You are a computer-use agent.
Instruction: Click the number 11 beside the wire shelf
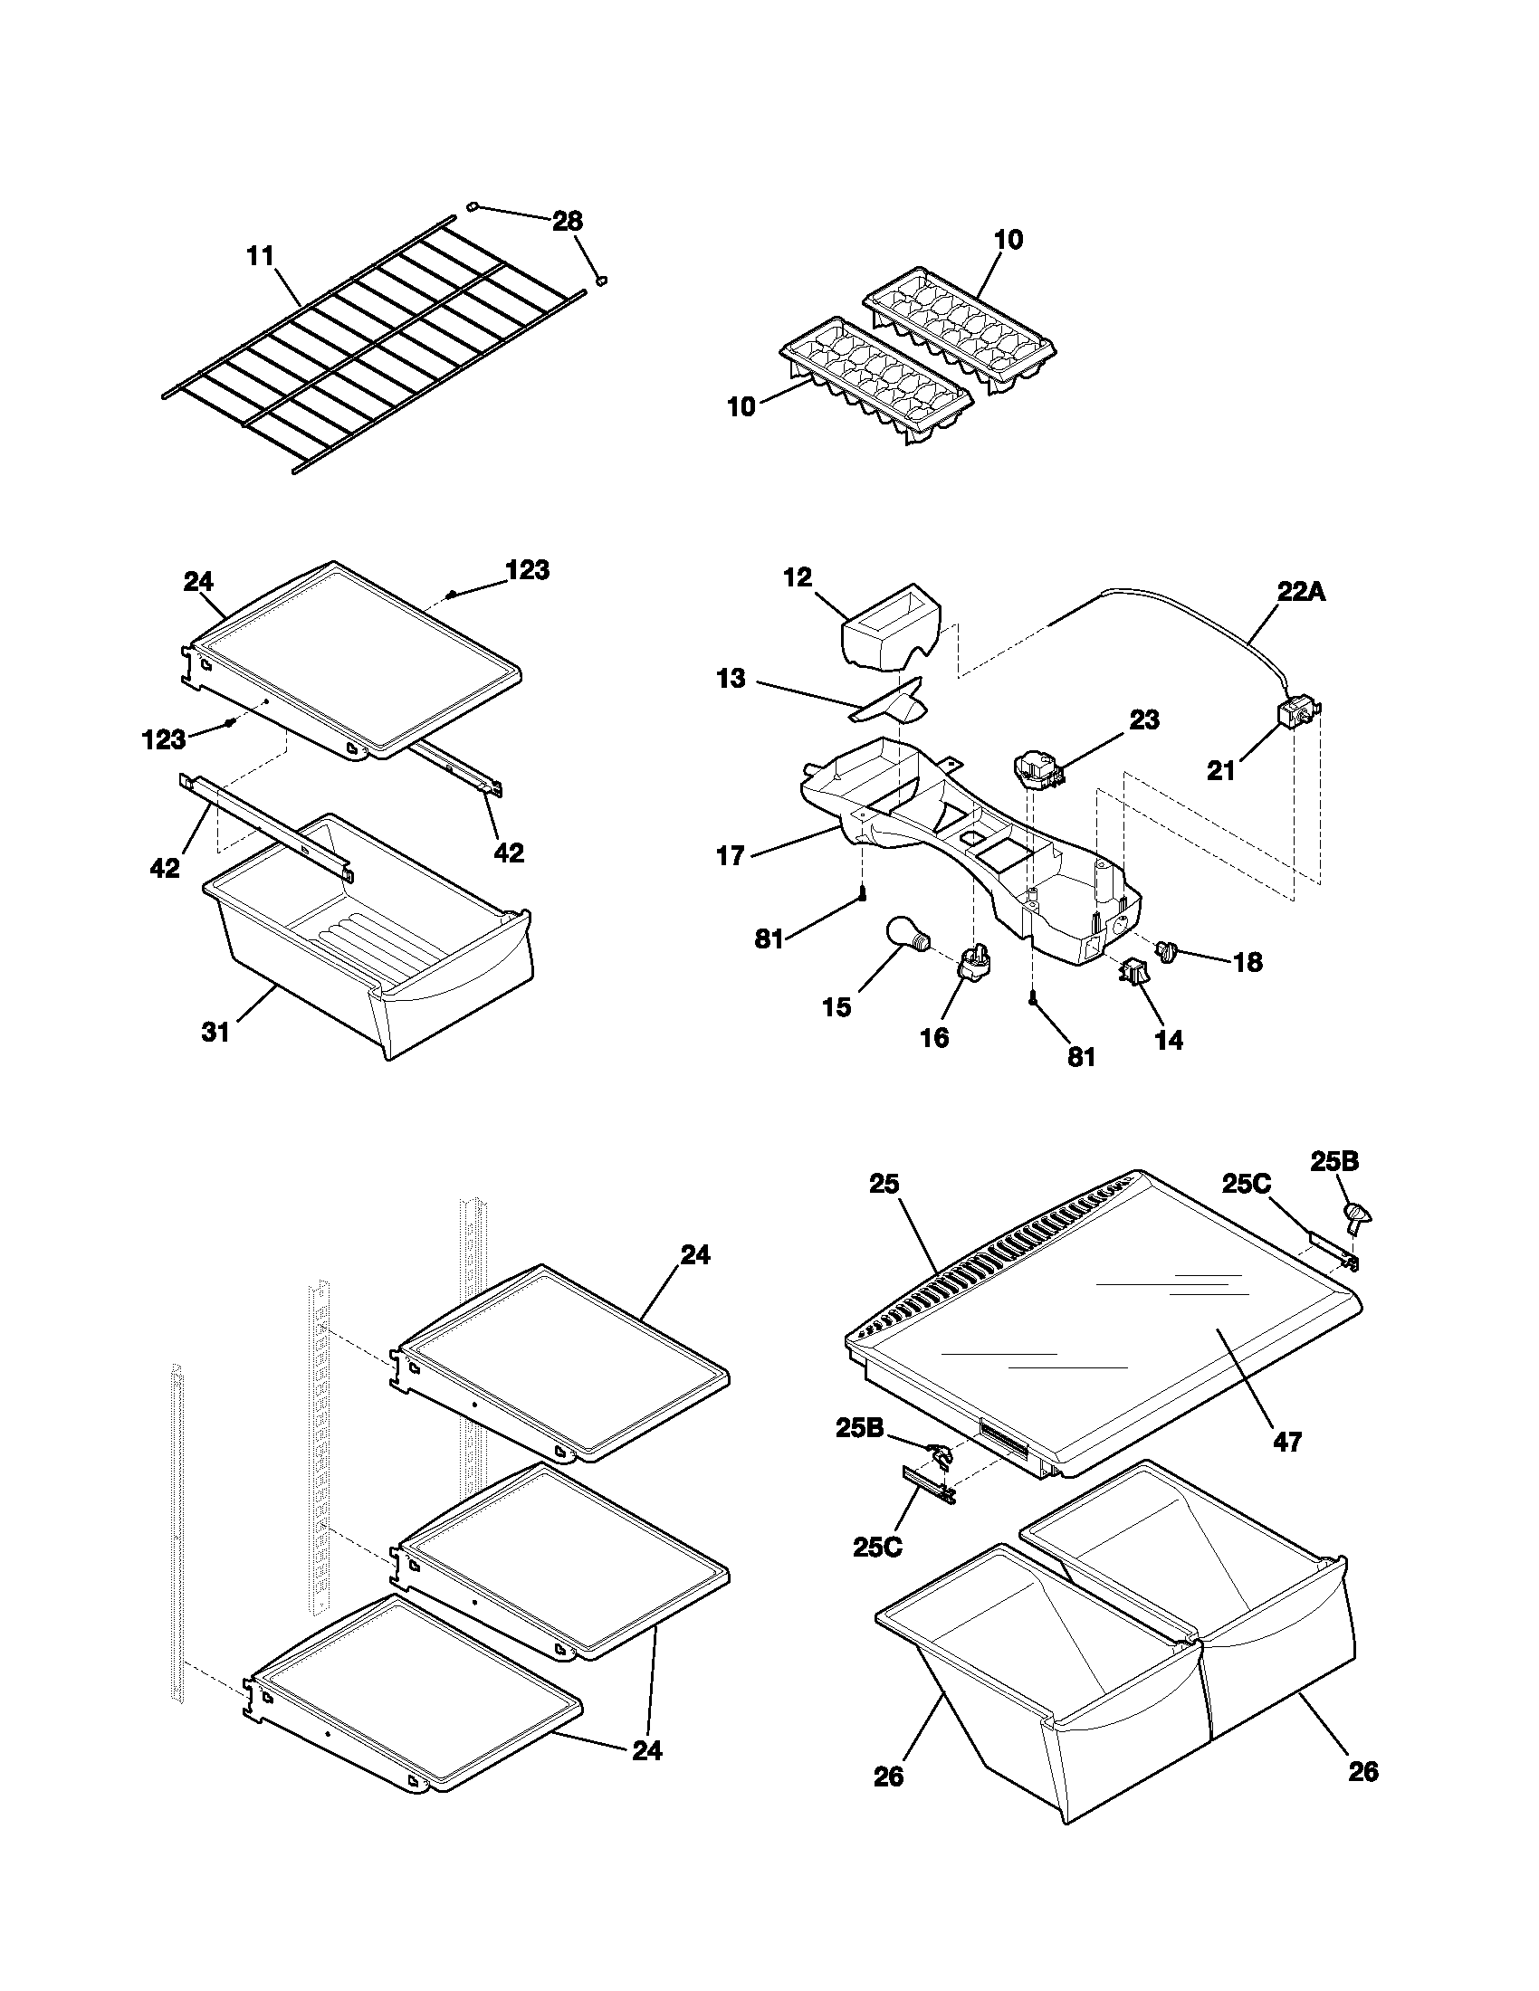click(x=261, y=256)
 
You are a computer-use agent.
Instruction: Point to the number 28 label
click(x=567, y=222)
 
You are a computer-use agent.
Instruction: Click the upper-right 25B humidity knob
click(x=1358, y=1218)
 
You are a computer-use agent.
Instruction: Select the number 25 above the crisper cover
click(x=884, y=1185)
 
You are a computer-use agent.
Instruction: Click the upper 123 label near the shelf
click(x=527, y=571)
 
